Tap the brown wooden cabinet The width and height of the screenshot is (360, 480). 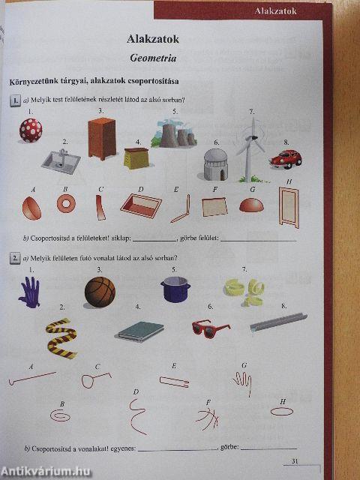click(103, 137)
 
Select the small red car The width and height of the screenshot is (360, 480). click(286, 158)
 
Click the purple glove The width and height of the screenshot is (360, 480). click(29, 292)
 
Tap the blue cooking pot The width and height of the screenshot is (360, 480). click(175, 289)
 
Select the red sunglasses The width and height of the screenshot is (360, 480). click(211, 327)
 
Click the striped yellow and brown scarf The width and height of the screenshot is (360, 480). click(60, 336)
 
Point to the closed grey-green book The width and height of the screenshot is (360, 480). click(140, 331)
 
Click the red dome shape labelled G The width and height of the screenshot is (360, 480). click(251, 205)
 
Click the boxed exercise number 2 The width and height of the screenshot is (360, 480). click(14, 259)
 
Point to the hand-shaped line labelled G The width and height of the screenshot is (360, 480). click(241, 383)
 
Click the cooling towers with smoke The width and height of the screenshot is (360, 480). click(175, 133)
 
